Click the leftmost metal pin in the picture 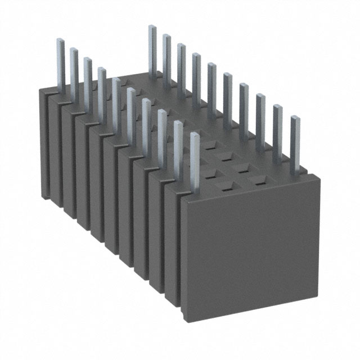[61, 62]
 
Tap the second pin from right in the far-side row [278, 129]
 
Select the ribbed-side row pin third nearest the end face [163, 135]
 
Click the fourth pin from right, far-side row [244, 107]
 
